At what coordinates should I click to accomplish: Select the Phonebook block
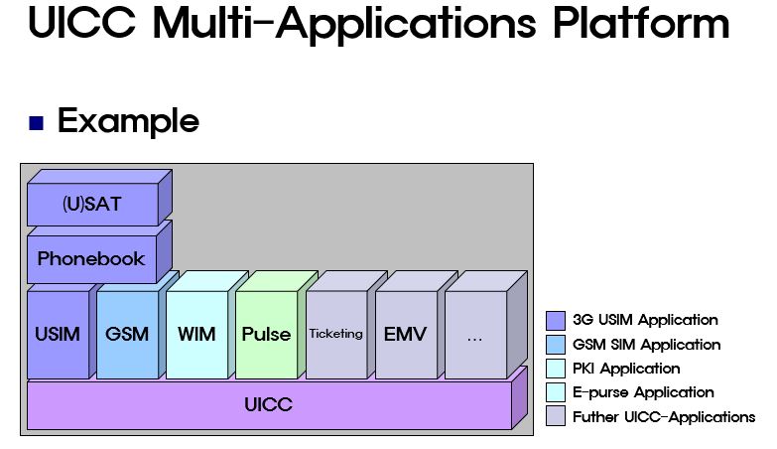91,258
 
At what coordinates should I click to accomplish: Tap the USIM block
58,334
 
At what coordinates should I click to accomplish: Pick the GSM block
127,334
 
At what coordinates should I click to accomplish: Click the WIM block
196,334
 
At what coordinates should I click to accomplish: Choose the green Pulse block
266,334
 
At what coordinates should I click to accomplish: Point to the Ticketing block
335,334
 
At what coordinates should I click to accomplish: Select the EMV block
405,334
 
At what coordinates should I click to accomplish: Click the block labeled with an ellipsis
474,336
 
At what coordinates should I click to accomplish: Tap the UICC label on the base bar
268,405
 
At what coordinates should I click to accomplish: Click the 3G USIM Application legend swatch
556,320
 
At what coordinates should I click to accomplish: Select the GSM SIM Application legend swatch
556,345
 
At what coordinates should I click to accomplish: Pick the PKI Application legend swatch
556,369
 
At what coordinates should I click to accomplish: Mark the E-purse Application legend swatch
556,392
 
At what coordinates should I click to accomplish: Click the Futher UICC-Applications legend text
663,417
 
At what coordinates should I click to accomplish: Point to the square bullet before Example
37,124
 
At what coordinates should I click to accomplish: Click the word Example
128,121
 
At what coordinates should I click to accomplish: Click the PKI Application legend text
626,369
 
